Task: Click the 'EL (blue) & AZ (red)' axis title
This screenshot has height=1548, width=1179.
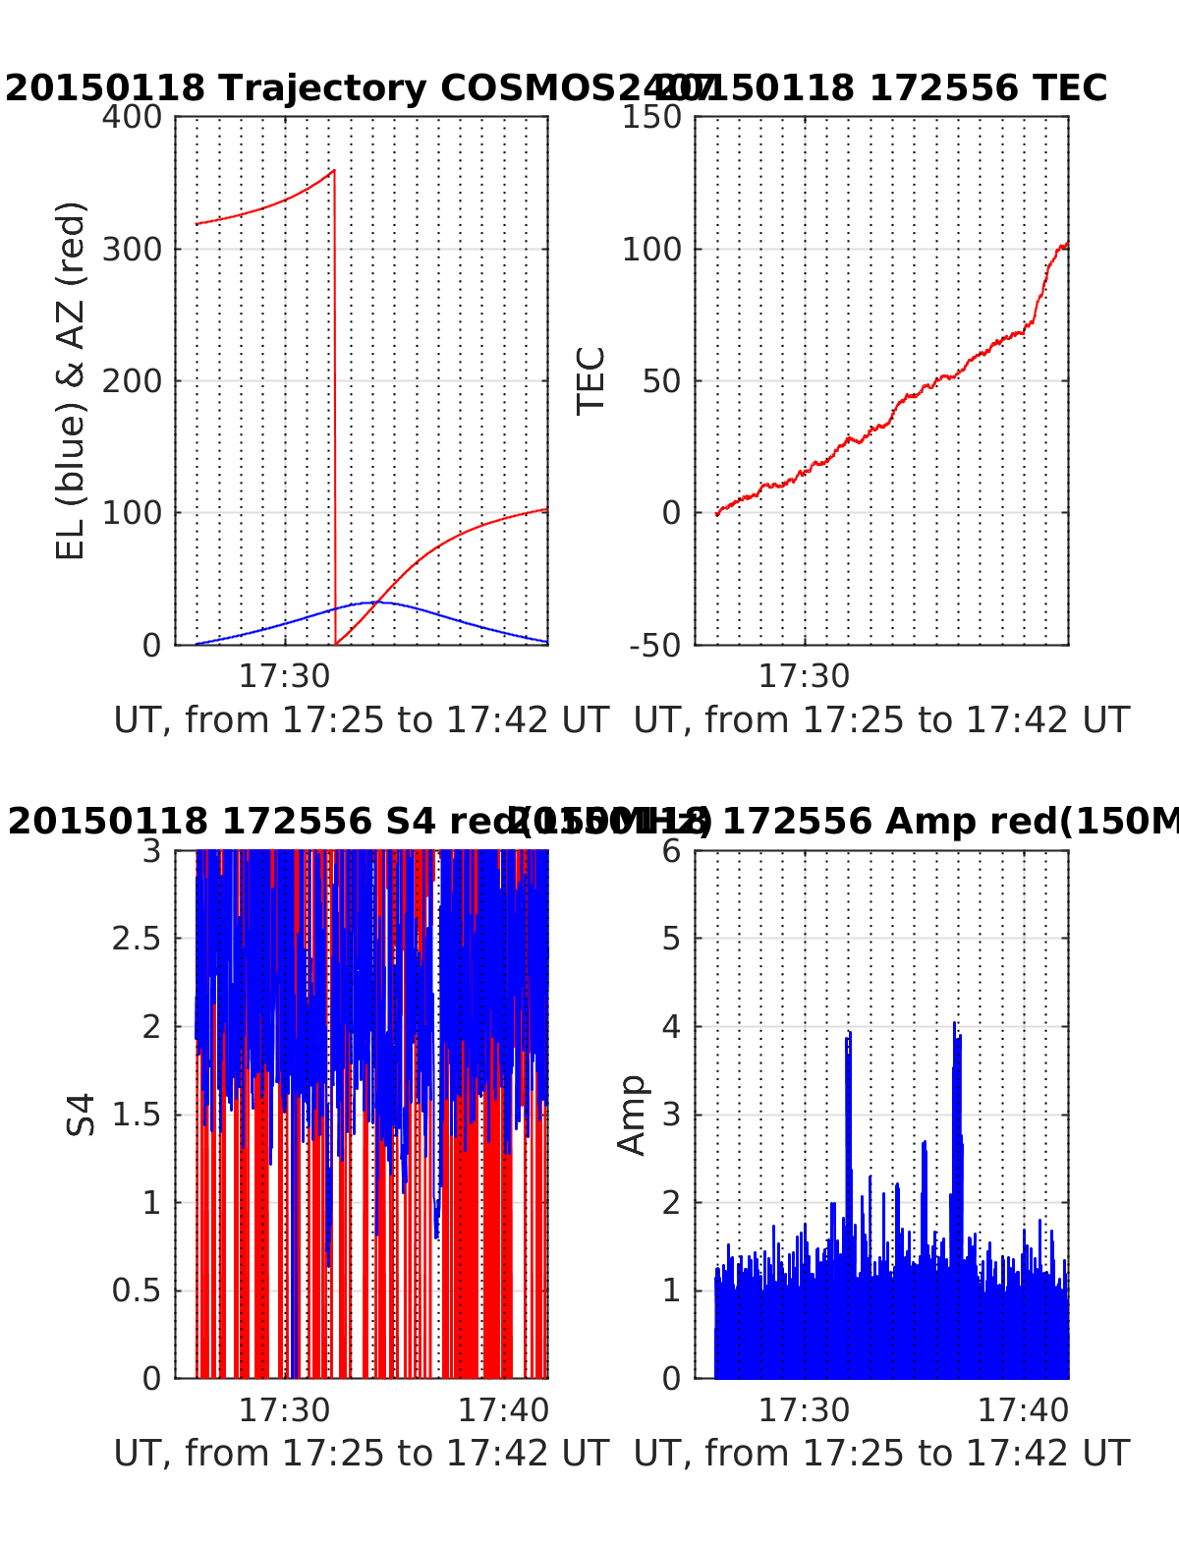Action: (x=71, y=380)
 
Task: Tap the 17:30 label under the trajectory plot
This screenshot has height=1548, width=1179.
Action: (x=285, y=675)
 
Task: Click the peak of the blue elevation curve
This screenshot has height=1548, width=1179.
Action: (x=374, y=602)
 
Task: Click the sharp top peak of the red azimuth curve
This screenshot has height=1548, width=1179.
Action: (x=334, y=171)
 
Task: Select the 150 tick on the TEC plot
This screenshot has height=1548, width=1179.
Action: (x=651, y=117)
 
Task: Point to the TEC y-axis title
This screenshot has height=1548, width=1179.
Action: (x=590, y=380)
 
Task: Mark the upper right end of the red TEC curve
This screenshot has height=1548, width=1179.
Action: (x=1066, y=243)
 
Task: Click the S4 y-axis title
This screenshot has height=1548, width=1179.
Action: (x=82, y=1114)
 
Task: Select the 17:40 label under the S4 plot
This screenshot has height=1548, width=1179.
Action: (x=504, y=1409)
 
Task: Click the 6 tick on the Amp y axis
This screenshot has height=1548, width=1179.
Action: (x=671, y=851)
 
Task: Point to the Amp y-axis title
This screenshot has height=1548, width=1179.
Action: (x=632, y=1114)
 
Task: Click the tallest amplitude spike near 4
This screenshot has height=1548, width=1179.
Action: (x=954, y=1024)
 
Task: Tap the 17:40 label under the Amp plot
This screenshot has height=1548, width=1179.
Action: (x=1023, y=1409)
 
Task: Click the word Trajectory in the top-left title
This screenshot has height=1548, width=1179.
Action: (x=322, y=88)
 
